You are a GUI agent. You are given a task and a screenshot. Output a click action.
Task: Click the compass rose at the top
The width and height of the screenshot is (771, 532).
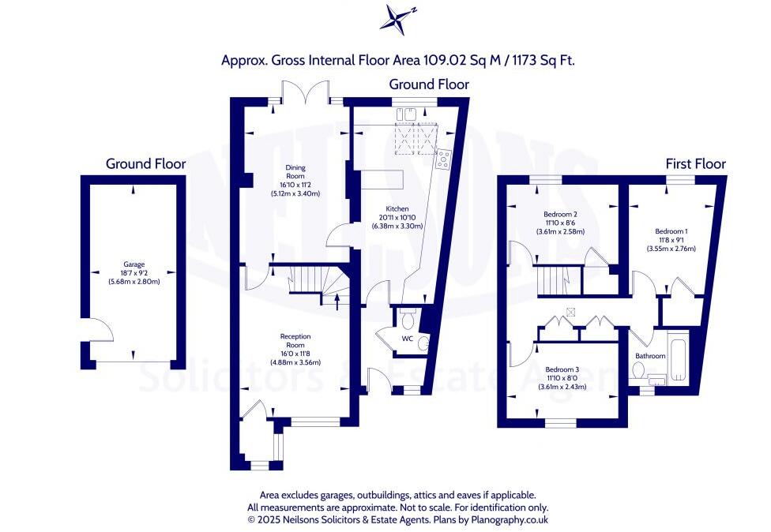397,19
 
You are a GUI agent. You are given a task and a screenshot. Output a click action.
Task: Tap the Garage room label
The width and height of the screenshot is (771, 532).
134,264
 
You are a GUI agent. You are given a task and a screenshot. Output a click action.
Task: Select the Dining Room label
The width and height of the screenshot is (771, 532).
295,172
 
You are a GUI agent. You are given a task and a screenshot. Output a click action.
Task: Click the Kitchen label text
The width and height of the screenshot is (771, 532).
397,208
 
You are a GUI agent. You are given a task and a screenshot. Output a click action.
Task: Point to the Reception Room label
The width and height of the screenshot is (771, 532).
295,340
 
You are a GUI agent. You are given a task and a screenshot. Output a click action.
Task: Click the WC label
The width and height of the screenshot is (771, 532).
408,339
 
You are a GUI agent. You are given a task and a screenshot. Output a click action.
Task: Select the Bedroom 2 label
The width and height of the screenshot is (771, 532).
561,214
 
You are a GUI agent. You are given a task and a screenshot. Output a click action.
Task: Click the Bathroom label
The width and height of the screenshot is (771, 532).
650,356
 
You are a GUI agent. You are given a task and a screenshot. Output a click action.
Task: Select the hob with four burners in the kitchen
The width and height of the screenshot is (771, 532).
443,159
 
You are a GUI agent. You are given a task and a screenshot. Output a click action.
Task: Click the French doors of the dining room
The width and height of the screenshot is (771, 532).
306,92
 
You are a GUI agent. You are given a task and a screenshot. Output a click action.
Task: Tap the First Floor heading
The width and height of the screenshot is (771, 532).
696,163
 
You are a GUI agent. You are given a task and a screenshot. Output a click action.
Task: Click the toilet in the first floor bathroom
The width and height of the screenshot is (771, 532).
638,370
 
